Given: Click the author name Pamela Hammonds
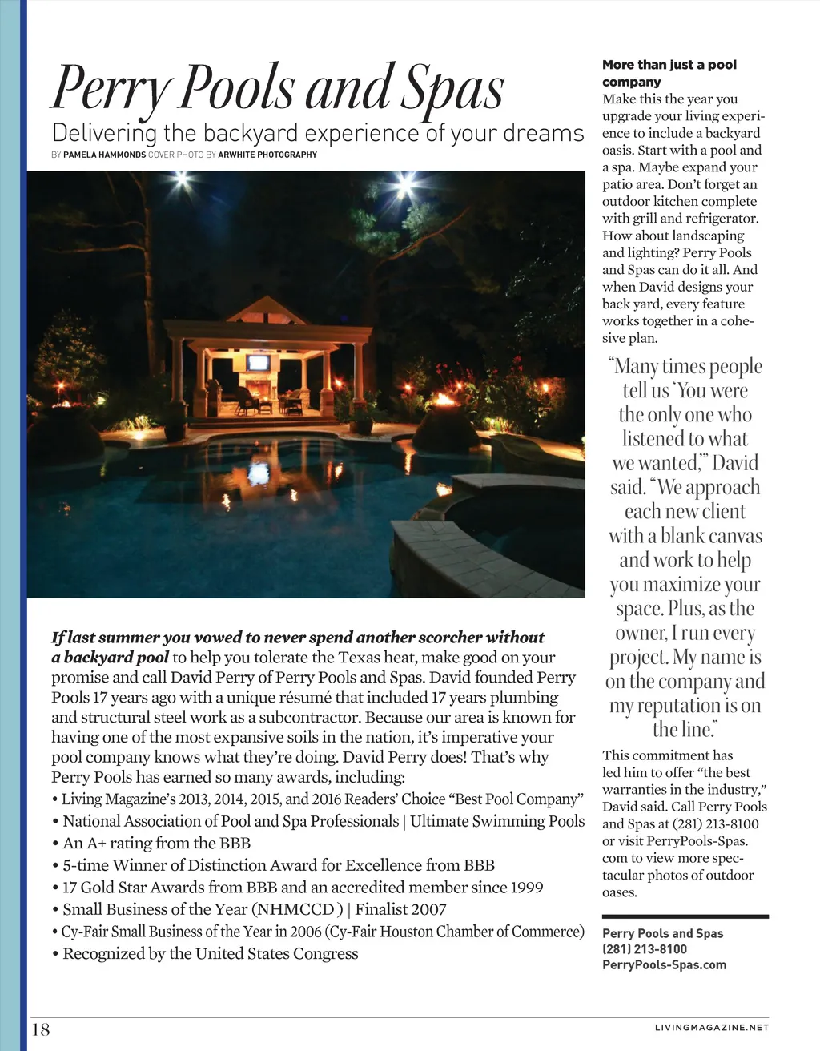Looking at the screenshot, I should coord(104,155).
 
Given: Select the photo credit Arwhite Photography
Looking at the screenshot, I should coord(267,155).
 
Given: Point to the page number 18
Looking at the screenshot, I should coord(41,1029).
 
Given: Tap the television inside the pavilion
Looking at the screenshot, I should coord(258,362).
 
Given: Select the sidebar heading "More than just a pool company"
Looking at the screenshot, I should coord(669,73).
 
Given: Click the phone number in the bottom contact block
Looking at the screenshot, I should coord(644,949).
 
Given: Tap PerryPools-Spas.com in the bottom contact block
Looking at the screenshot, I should coord(664,964).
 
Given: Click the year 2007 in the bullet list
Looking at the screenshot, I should coord(428,909).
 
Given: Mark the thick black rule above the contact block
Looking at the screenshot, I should coord(685,916).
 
